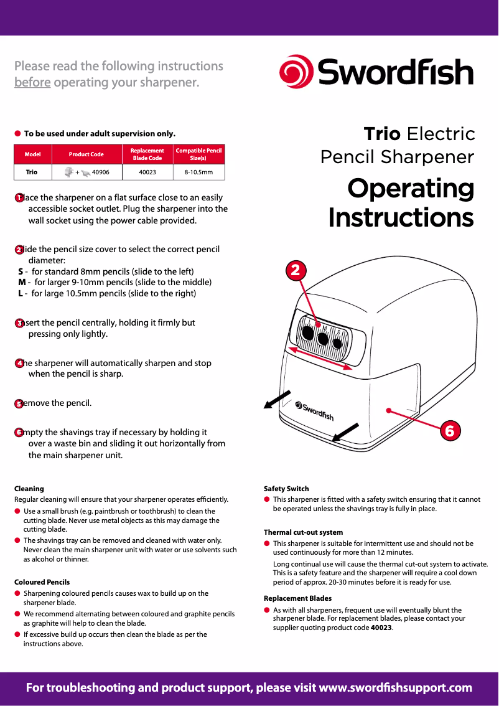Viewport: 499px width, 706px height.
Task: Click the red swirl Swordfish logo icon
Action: click(296, 72)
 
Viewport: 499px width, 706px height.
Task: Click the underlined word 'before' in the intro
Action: click(32, 82)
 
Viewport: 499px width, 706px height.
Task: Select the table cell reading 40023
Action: click(147, 172)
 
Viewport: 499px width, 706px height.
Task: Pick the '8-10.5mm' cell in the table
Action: click(198, 172)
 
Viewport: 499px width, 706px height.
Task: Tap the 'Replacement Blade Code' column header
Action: click(147, 154)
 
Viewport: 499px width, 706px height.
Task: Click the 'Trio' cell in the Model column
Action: click(31, 172)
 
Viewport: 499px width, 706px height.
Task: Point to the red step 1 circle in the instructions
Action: click(19, 197)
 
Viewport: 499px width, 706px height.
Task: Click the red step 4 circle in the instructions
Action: click(19, 363)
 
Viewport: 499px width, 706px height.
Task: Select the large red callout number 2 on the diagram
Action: click(296, 270)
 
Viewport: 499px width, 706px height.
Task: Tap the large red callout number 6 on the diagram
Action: click(450, 430)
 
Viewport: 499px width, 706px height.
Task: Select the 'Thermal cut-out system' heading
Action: click(303, 532)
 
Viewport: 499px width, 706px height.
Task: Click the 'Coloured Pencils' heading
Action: click(42, 582)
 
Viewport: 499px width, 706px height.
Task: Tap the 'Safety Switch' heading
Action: click(286, 489)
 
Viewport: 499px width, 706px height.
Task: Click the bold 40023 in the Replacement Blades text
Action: click(381, 628)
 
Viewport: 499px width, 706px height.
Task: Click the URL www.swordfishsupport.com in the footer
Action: click(395, 688)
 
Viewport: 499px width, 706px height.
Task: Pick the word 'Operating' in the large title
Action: click(411, 188)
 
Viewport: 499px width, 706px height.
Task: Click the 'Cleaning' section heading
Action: click(29, 489)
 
